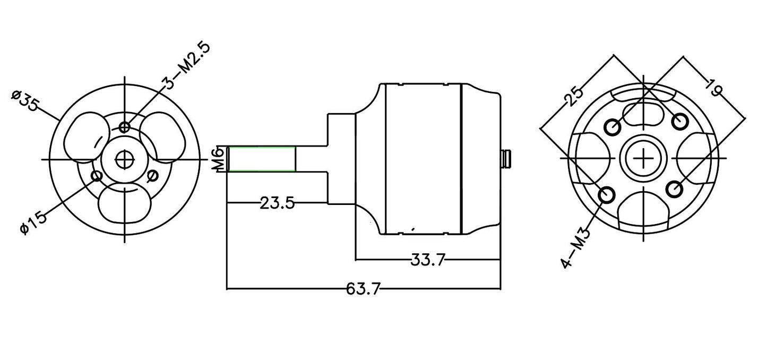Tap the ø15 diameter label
click(x=33, y=219)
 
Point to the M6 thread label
click(x=218, y=159)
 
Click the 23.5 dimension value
click(x=277, y=203)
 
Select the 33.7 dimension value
click(x=428, y=260)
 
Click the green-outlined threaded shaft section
click(x=262, y=159)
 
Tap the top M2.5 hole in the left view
click(x=125, y=126)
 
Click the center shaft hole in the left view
click(x=125, y=158)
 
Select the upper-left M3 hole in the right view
click(x=613, y=127)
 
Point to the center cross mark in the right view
click(x=644, y=158)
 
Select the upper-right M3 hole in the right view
click(x=680, y=122)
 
